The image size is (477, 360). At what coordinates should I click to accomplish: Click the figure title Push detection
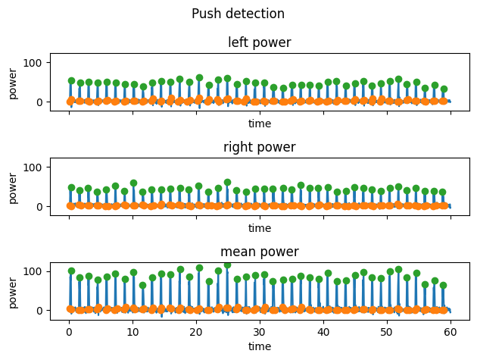point(238,14)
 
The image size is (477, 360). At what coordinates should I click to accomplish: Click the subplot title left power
point(260,42)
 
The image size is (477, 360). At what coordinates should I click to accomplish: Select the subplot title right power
point(260,147)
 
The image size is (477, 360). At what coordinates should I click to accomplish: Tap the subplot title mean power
point(260,252)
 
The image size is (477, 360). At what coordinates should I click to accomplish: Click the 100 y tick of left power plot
point(36,61)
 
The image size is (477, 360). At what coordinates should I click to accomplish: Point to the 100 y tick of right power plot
point(36,166)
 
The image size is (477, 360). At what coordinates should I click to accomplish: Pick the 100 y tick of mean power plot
point(36,271)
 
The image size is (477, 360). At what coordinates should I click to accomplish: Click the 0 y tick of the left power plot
point(41,102)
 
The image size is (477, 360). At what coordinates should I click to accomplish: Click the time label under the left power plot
point(260,124)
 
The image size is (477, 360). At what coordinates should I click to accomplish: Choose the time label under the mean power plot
point(260,346)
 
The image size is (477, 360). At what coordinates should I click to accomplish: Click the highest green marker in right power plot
point(227,183)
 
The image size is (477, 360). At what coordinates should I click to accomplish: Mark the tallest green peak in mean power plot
point(227,265)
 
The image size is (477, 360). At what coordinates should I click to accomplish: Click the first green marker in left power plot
point(71,80)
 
